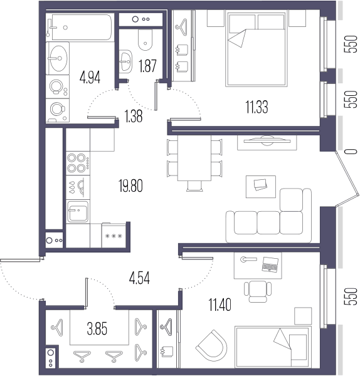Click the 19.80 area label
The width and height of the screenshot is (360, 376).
130,186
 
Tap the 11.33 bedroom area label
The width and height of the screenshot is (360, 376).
257,107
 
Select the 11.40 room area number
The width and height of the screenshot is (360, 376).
220,305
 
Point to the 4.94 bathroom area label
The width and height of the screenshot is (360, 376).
90,77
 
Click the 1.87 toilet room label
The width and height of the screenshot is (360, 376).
148,66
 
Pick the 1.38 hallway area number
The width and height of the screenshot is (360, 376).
134,116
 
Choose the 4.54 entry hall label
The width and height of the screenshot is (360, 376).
139,278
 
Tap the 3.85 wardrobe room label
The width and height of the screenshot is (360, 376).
97,329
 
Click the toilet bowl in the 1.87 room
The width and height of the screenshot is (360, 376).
146,40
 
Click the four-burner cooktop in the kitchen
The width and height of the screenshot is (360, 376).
78,164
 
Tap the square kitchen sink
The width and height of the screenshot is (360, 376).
78,212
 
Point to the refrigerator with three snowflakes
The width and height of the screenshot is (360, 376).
114,235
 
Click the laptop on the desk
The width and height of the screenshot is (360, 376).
270,264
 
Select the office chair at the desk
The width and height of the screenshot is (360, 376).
258,291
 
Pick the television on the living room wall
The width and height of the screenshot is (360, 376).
267,141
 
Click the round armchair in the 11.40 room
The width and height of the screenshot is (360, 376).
212,345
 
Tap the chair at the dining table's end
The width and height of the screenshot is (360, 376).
194,186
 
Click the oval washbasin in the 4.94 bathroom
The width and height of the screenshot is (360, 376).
58,58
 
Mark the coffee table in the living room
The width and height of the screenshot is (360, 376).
261,187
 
